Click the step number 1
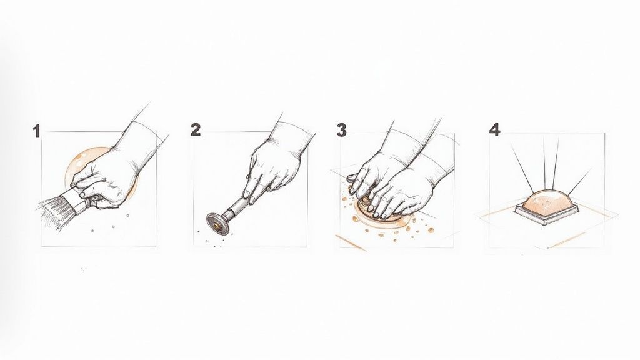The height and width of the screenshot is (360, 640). pos(36,131)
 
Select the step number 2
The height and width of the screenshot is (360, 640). pos(196,130)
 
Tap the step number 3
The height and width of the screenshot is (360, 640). pos(341,130)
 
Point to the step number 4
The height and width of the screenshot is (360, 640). pos(495,130)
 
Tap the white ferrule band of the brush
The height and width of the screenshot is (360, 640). pos(79,199)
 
